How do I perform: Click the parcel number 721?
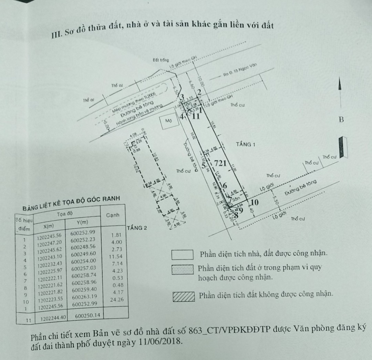tap(220, 163)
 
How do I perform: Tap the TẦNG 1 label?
tap(245, 144)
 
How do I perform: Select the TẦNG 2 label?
tap(137, 228)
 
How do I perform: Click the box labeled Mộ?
tap(168, 121)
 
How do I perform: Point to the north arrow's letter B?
tap(341, 120)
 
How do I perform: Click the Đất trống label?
tap(161, 60)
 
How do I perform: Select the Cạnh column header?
tap(113, 215)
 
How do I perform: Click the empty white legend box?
tap(183, 255)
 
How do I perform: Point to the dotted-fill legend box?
tap(183, 270)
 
